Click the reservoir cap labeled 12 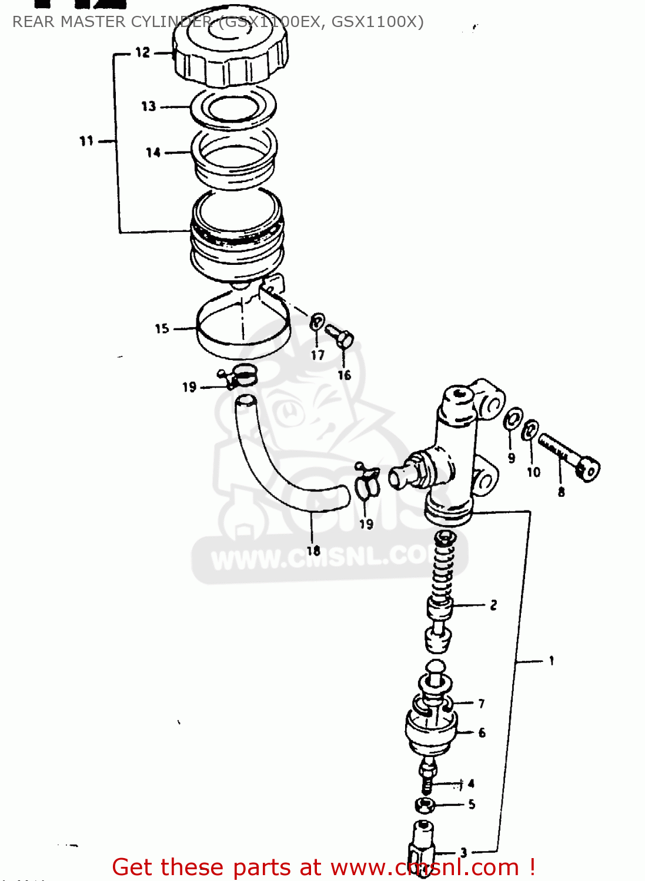click(x=230, y=50)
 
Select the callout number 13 click(x=149, y=106)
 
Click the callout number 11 click(x=86, y=141)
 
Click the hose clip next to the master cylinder click(x=367, y=482)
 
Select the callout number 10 click(x=533, y=472)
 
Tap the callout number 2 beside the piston click(x=493, y=605)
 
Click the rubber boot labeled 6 click(x=431, y=731)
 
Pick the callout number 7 click(x=482, y=703)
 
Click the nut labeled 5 click(x=425, y=805)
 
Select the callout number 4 click(x=471, y=784)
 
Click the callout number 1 click(x=552, y=661)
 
